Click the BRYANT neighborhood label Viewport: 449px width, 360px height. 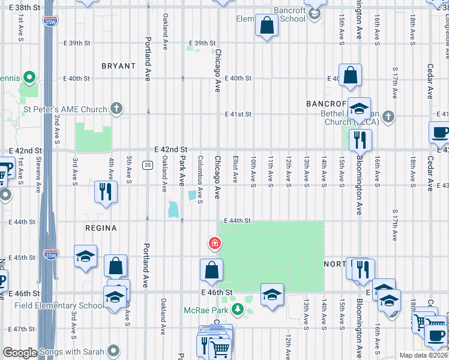tap(118, 66)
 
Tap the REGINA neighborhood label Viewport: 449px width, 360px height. tap(101, 229)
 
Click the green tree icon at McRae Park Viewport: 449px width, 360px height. tap(238, 310)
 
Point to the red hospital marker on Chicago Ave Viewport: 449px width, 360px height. tap(214, 243)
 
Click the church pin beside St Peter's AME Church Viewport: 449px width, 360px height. tap(116, 109)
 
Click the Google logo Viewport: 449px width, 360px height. tap(20, 353)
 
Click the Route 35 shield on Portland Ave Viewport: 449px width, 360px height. tap(147, 164)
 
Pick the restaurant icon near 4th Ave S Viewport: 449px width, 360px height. tap(106, 191)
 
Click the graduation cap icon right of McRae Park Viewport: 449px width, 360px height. tap(271, 294)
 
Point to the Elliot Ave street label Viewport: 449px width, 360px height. tap(235, 170)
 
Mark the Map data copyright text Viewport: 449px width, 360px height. tap(423, 355)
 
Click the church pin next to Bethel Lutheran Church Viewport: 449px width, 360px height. tap(388, 116)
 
